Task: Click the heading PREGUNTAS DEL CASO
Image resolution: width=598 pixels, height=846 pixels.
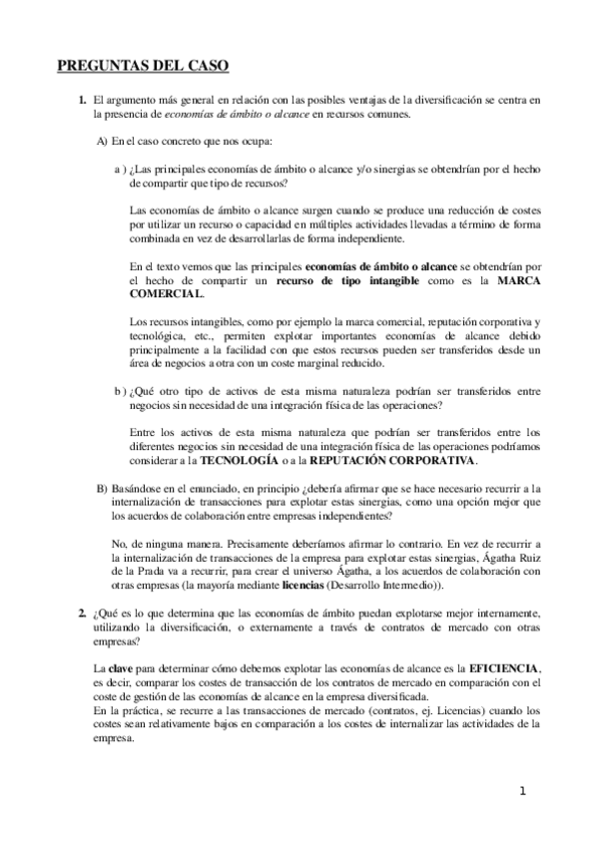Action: tap(143, 67)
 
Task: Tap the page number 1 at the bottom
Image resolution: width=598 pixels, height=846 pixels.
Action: tap(522, 792)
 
